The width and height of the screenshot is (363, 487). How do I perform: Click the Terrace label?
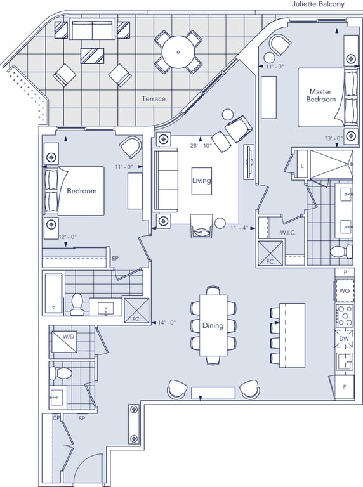point(154,99)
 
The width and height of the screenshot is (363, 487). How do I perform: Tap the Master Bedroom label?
point(320,95)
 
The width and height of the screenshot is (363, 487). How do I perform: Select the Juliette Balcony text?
point(317,4)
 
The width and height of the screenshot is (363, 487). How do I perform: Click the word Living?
point(201,180)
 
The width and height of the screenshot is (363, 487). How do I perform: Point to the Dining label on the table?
point(213,325)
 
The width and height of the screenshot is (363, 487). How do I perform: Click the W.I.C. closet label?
point(287,232)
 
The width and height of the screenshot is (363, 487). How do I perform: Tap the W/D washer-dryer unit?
point(64,341)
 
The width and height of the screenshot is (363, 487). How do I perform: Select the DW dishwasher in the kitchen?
point(344,339)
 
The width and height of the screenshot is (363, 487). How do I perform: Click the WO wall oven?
point(344,291)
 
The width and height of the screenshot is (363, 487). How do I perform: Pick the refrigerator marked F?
point(344,387)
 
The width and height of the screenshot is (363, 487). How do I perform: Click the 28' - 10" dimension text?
point(201,145)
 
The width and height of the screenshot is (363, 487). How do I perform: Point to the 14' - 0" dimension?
point(167,323)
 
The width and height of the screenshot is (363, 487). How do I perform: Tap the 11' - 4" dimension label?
point(239,228)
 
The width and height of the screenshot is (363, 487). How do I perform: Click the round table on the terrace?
point(178,52)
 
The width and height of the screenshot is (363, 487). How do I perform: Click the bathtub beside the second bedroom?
point(53,293)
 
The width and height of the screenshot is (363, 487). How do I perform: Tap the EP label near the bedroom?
point(115,258)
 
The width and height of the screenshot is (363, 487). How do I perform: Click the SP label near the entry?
point(82,419)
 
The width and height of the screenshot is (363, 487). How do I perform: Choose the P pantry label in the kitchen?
point(345,273)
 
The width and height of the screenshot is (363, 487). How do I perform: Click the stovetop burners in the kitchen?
point(345,315)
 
